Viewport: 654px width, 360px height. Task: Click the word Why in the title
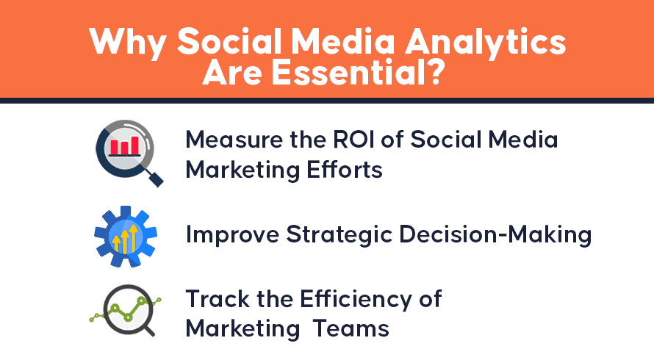coord(128,43)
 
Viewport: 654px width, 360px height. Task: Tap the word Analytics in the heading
coord(485,43)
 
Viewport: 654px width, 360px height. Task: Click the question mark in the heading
coord(436,73)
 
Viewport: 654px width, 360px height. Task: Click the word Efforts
coord(345,170)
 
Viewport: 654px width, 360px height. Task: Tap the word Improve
coord(232,234)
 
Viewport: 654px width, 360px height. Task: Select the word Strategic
coord(339,234)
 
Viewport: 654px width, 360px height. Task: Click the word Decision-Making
coord(495,234)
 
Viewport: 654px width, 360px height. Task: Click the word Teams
coord(351,328)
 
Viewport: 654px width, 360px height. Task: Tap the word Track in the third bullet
coord(218,299)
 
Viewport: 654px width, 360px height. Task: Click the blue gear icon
coord(126,237)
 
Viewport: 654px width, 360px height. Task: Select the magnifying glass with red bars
coord(129,153)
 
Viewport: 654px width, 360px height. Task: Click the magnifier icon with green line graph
coord(126,310)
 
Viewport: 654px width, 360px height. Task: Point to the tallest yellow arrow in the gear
coord(133,239)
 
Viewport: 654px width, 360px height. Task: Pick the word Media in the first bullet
coord(522,140)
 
